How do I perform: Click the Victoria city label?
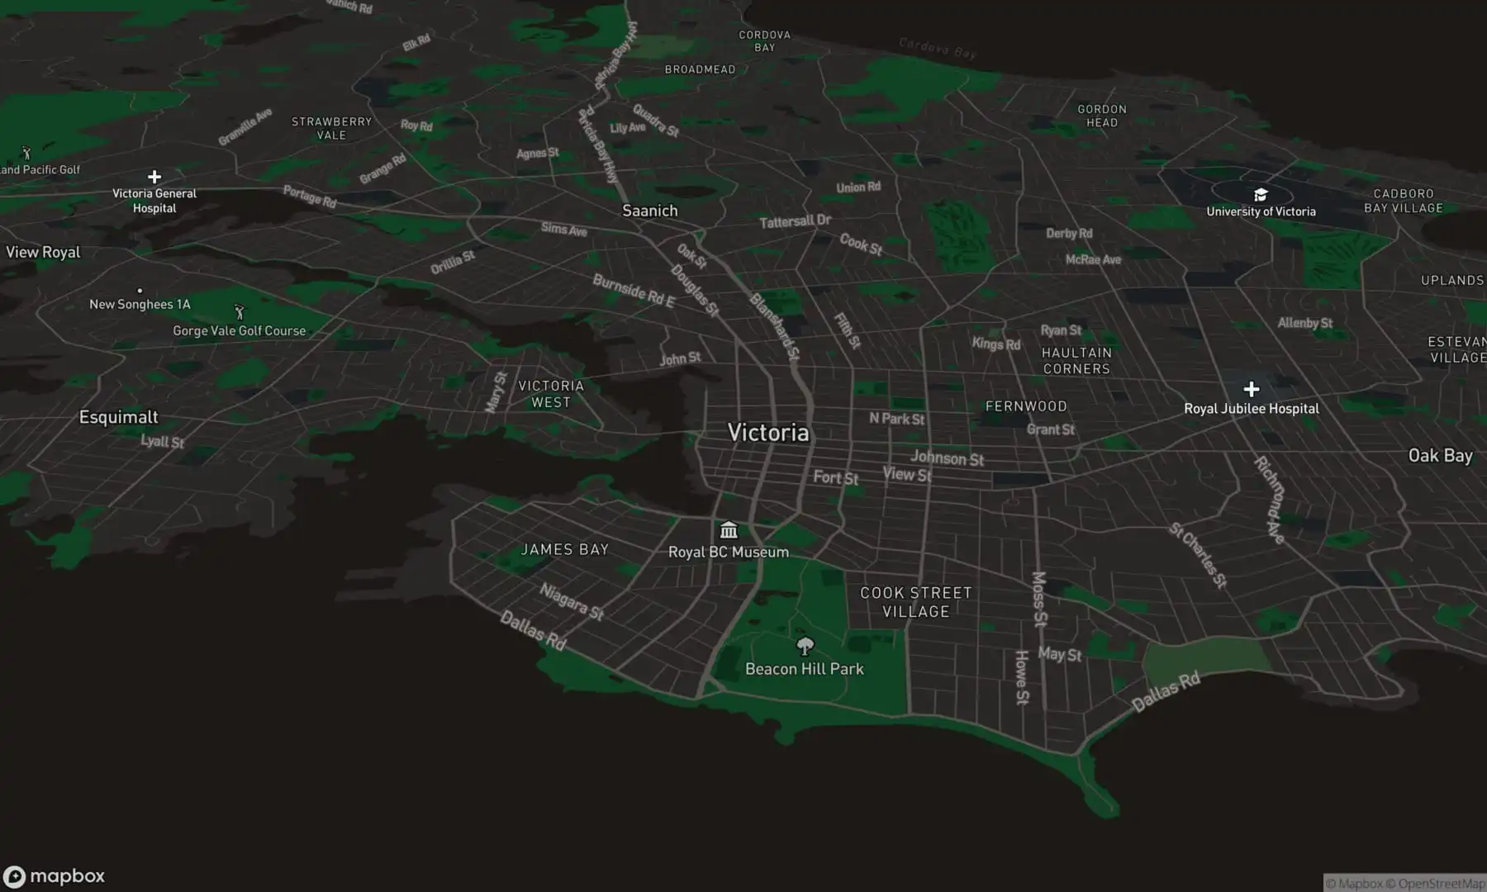tap(768, 433)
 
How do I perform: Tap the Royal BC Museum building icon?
tap(729, 529)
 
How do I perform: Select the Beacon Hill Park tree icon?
tap(805, 646)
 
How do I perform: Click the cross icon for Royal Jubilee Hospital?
tap(1252, 389)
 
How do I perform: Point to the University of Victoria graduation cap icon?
tap(1261, 195)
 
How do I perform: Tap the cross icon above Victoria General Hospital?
tap(154, 177)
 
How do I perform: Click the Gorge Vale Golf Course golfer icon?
tap(240, 312)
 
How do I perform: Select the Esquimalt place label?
tap(118, 417)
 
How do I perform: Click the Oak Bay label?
tap(1440, 456)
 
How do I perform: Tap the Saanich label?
tap(649, 211)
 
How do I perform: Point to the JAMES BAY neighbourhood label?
tap(565, 549)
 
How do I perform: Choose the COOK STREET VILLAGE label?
tap(915, 602)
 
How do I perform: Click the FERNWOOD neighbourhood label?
tap(1026, 406)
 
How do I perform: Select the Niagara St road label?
tap(572, 601)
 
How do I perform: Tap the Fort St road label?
tap(835, 477)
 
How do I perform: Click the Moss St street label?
tap(1039, 599)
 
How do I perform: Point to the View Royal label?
tap(43, 253)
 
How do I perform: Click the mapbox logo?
tap(55, 876)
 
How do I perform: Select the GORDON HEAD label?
tap(1101, 116)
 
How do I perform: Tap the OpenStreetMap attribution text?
tap(1441, 884)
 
